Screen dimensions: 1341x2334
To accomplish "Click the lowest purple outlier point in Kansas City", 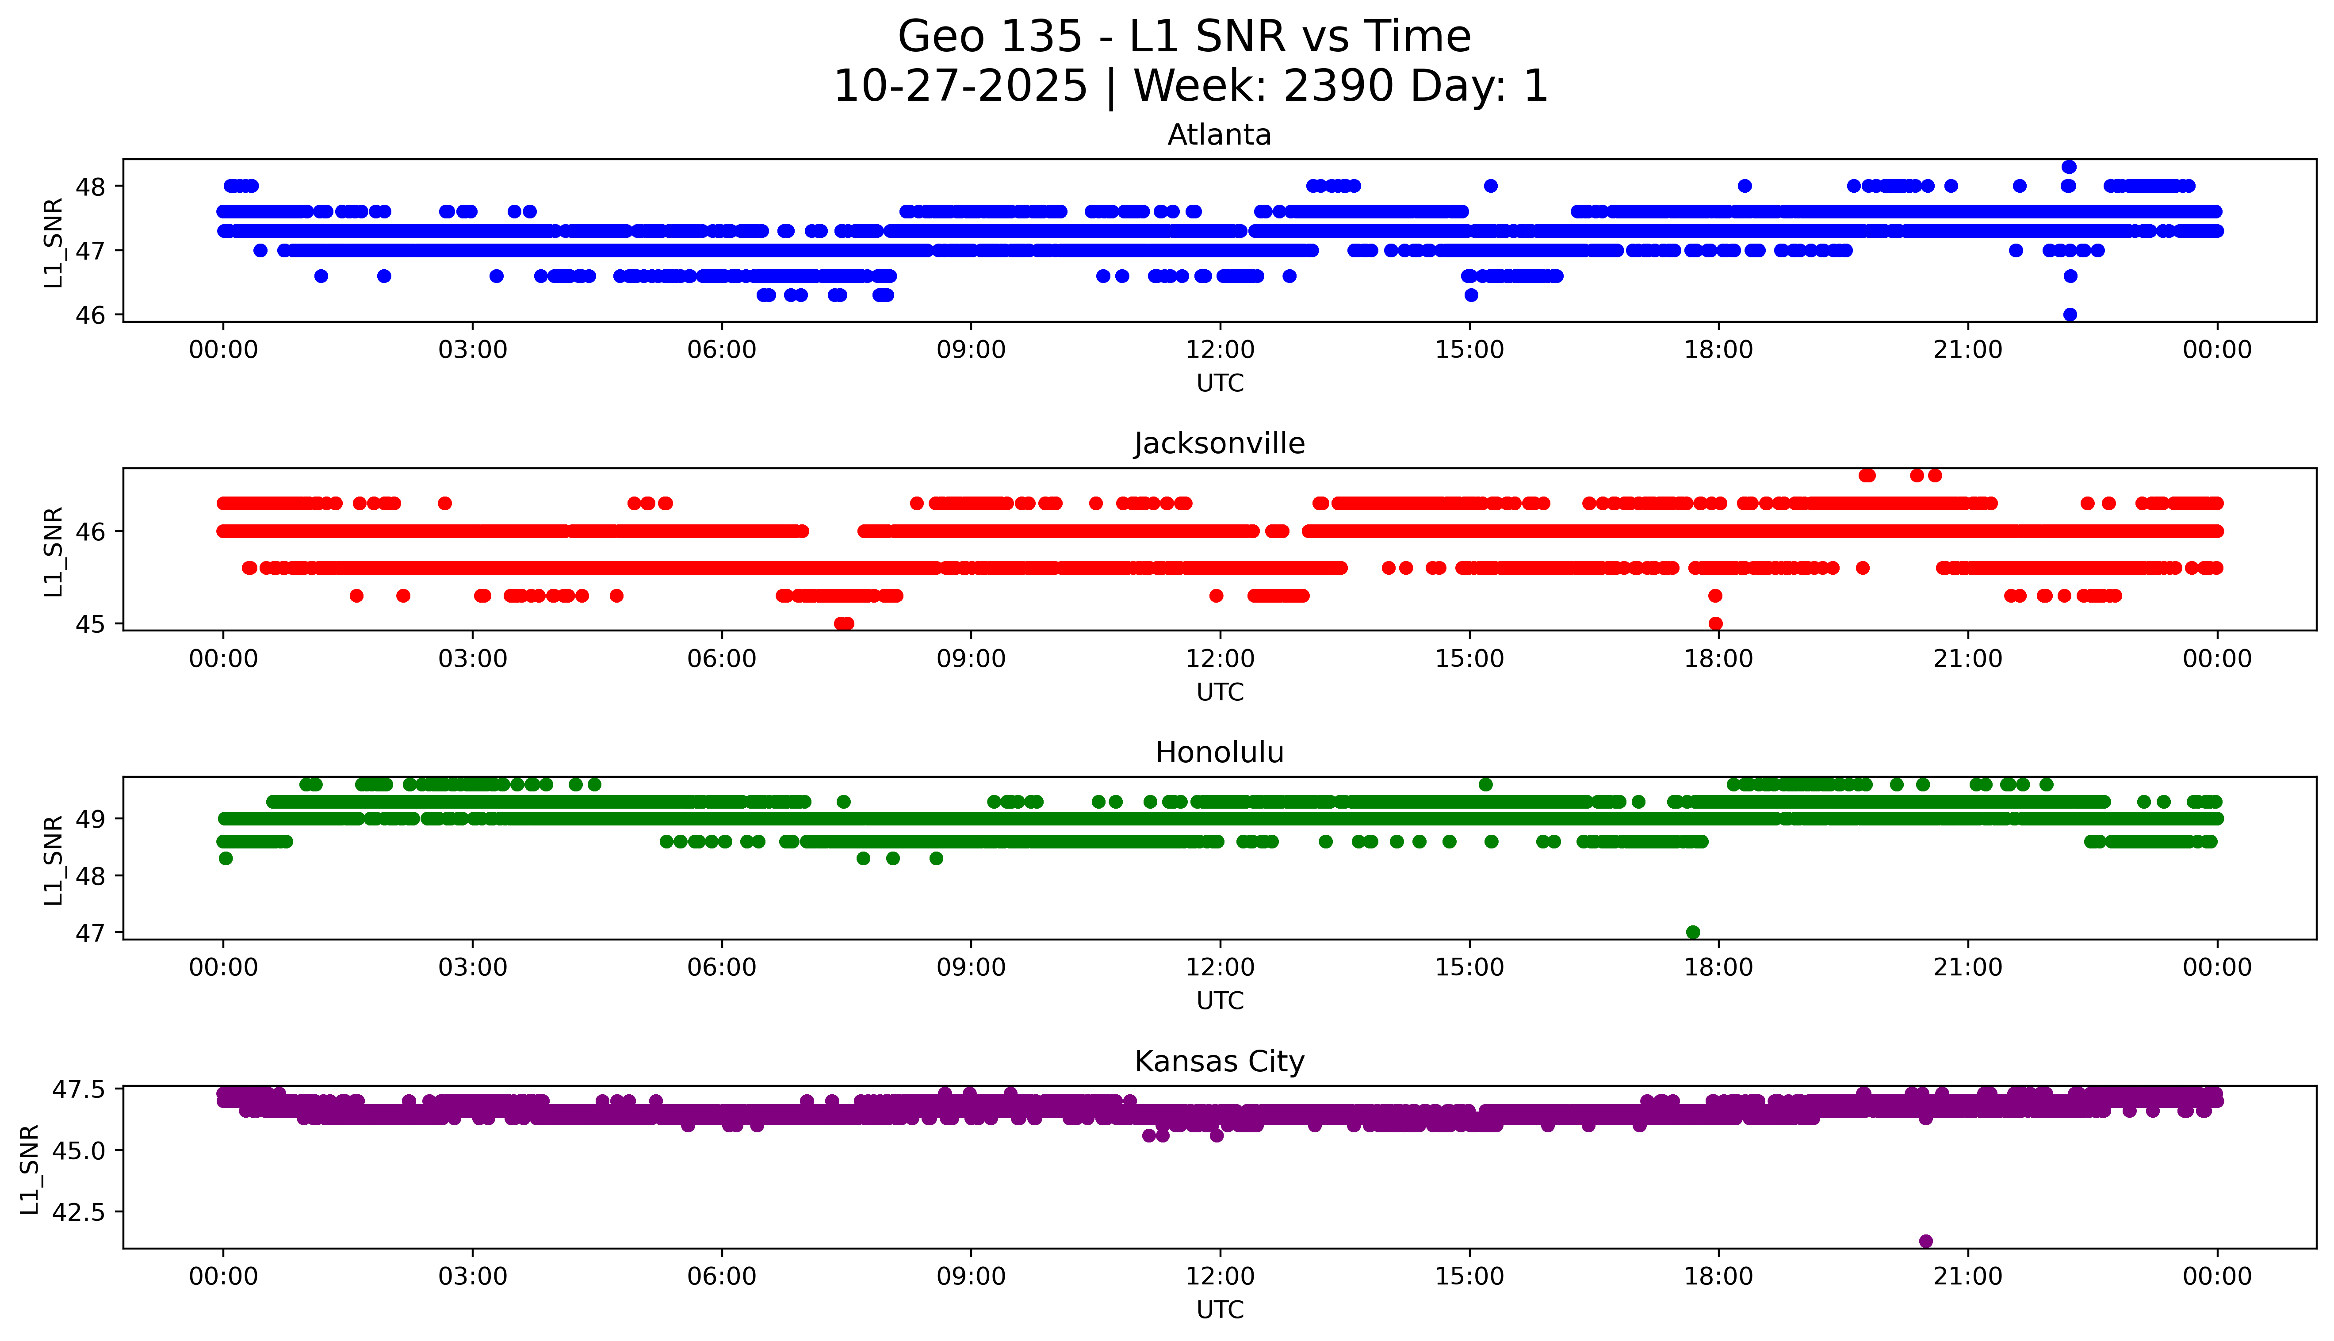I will coord(1925,1241).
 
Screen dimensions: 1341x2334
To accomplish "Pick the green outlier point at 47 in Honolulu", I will coord(1692,932).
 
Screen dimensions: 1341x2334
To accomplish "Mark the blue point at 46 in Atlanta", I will coord(2070,314).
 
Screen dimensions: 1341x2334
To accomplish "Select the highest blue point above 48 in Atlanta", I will coord(2069,167).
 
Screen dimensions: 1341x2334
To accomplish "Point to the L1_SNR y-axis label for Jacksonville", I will coord(54,551).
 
